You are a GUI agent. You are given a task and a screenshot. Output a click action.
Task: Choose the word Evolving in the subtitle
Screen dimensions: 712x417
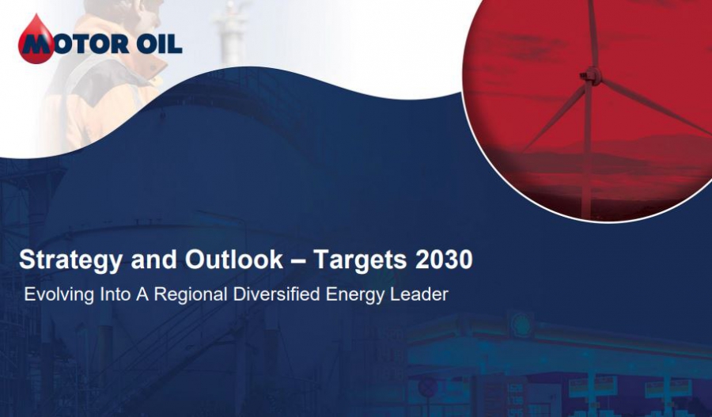click(x=59, y=295)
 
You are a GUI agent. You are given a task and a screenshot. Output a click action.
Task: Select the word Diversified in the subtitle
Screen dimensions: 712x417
click(x=276, y=294)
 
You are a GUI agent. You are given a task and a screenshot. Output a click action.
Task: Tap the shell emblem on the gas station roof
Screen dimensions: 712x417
click(x=521, y=324)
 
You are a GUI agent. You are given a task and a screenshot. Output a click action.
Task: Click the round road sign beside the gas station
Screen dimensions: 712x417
click(x=427, y=387)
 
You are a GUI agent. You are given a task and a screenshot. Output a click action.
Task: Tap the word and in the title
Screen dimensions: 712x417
click(x=153, y=260)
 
